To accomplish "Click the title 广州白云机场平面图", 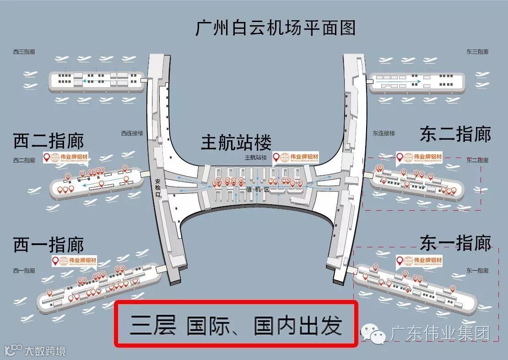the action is pyautogui.click(x=276, y=28).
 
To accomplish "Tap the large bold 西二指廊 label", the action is pyautogui.click(x=49, y=141).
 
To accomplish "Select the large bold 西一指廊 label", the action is pyautogui.click(x=49, y=245).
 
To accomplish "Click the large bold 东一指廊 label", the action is pyautogui.click(x=455, y=243).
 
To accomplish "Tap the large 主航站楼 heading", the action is pyautogui.click(x=237, y=142).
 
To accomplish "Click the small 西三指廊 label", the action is pyautogui.click(x=24, y=52).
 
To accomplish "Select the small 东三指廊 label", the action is pyautogui.click(x=477, y=52).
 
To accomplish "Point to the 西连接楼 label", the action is pyautogui.click(x=132, y=134).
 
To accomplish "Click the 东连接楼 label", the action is pyautogui.click(x=384, y=134).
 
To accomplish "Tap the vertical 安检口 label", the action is pyautogui.click(x=158, y=187).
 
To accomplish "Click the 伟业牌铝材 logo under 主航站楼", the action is pyautogui.click(x=296, y=158).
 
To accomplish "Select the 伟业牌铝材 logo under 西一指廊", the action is pyautogui.click(x=74, y=262).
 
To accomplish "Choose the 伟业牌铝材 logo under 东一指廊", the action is pyautogui.click(x=420, y=261).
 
